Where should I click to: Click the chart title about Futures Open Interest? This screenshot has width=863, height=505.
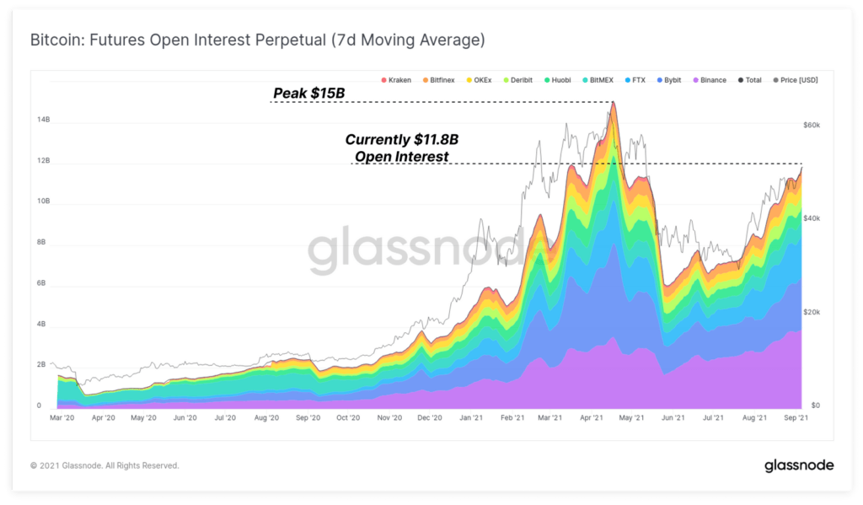coord(257,40)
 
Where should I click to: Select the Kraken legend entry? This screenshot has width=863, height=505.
coord(396,80)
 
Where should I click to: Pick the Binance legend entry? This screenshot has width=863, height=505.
coord(709,80)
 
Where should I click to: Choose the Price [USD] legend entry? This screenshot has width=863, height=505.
coord(794,80)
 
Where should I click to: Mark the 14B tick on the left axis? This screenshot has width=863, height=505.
coord(43,121)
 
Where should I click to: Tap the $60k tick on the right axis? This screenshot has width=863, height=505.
coord(812,125)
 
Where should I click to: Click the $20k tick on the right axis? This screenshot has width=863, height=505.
coord(812,312)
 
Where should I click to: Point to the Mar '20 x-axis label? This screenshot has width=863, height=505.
coord(63,417)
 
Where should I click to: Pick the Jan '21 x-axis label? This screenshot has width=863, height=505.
coord(470,417)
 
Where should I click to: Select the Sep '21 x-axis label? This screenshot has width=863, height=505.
coord(796,417)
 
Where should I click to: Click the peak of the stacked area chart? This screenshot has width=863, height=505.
coord(614,103)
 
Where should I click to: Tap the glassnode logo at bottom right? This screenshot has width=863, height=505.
coord(798,465)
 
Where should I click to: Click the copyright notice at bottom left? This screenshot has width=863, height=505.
coord(105,465)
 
